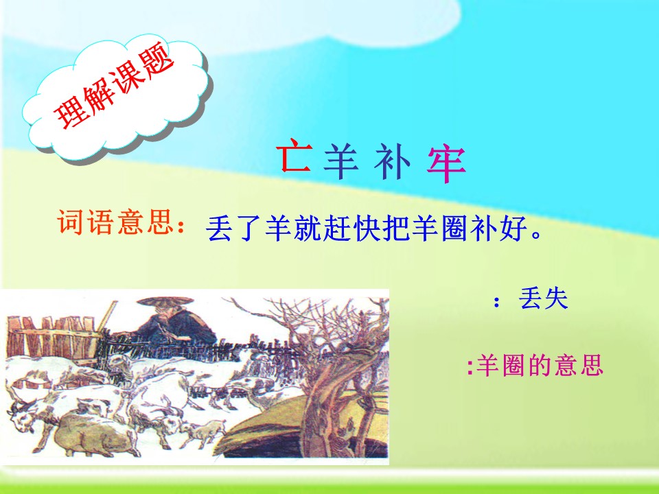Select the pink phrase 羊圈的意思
(540, 366)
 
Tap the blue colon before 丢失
(497, 303)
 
